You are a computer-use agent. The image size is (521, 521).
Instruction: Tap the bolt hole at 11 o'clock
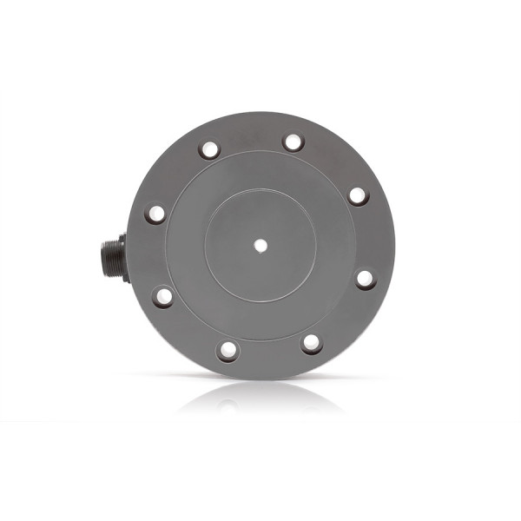[209, 149]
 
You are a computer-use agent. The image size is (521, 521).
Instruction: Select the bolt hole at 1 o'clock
[293, 142]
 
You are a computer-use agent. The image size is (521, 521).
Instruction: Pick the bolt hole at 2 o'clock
[359, 195]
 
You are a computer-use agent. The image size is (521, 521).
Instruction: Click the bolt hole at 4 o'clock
[365, 279]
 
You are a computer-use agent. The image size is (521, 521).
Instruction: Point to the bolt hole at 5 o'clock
[312, 343]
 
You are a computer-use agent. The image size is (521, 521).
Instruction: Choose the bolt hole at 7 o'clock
[228, 350]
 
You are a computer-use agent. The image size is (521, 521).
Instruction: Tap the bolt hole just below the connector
[162, 297]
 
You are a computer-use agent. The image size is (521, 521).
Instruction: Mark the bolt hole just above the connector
[155, 214]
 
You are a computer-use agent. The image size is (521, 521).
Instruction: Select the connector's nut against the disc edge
[124, 256]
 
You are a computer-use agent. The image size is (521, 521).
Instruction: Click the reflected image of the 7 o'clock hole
[228, 404]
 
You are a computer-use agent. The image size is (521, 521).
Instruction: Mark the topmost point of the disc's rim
[260, 112]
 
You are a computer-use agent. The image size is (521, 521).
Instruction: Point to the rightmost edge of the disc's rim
[395, 246]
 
